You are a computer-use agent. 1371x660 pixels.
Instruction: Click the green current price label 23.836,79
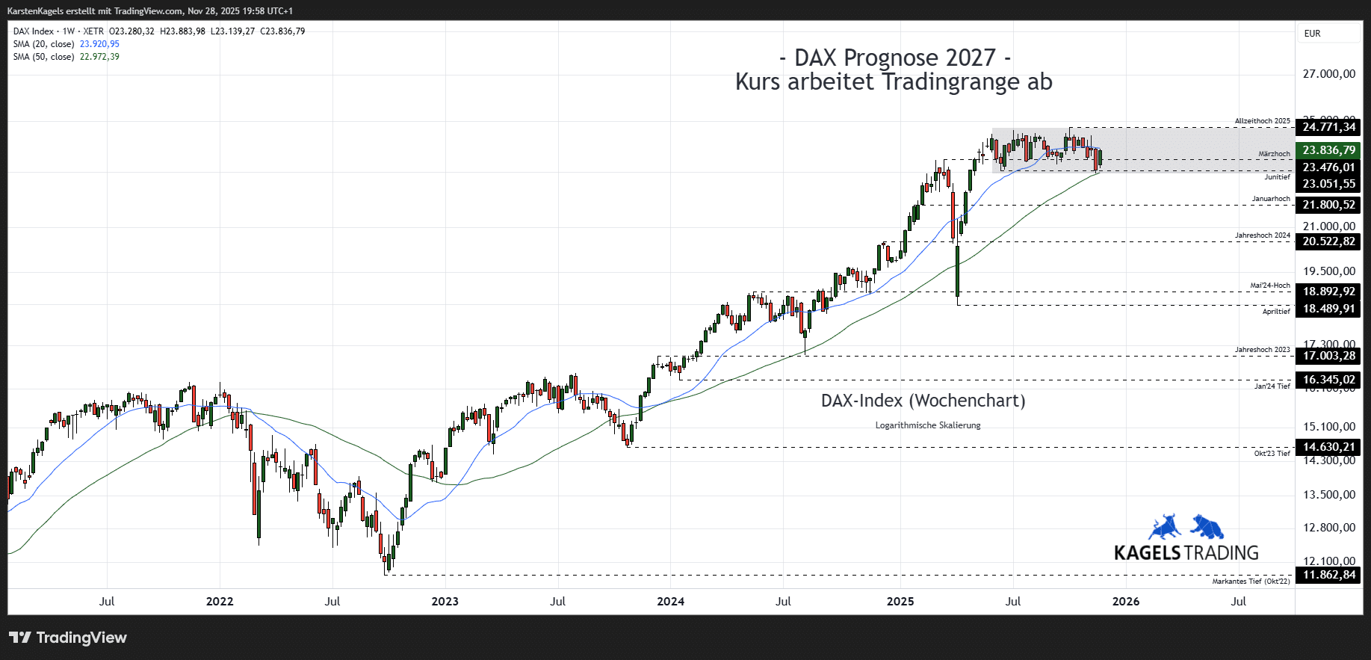point(1328,150)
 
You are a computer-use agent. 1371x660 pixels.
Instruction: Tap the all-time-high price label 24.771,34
point(1328,127)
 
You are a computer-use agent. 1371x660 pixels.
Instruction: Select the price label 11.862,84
point(1328,575)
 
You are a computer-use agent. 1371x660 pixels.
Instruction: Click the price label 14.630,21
point(1328,447)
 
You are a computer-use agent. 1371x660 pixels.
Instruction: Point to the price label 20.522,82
point(1328,241)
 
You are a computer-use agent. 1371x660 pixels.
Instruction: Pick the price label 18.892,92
point(1328,292)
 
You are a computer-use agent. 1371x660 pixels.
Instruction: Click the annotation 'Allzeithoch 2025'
point(1262,121)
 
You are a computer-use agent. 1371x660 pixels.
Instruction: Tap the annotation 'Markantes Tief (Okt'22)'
point(1251,582)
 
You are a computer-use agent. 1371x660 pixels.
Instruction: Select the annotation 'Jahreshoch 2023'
point(1262,350)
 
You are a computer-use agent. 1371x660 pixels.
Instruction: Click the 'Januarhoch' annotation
point(1271,199)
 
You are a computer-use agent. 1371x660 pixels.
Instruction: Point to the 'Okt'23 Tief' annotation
point(1272,454)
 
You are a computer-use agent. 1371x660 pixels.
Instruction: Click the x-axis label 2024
point(670,602)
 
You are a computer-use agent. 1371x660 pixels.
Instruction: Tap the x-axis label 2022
point(220,602)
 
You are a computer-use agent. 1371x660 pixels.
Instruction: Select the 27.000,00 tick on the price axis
point(1328,74)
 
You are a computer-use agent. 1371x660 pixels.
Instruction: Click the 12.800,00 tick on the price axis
point(1328,528)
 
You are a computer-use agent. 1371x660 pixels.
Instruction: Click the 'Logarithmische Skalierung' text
point(928,425)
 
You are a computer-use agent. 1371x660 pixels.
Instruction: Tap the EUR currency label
point(1312,34)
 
